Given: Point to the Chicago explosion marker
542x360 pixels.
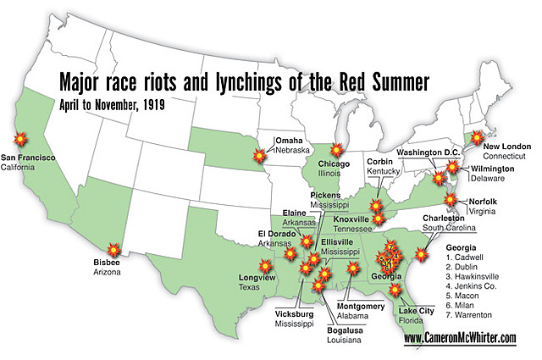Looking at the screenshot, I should click(340, 149).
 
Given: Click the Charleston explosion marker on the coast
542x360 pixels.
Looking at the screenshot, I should click(423, 252).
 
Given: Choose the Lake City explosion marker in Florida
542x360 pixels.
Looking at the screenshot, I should click(394, 291).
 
